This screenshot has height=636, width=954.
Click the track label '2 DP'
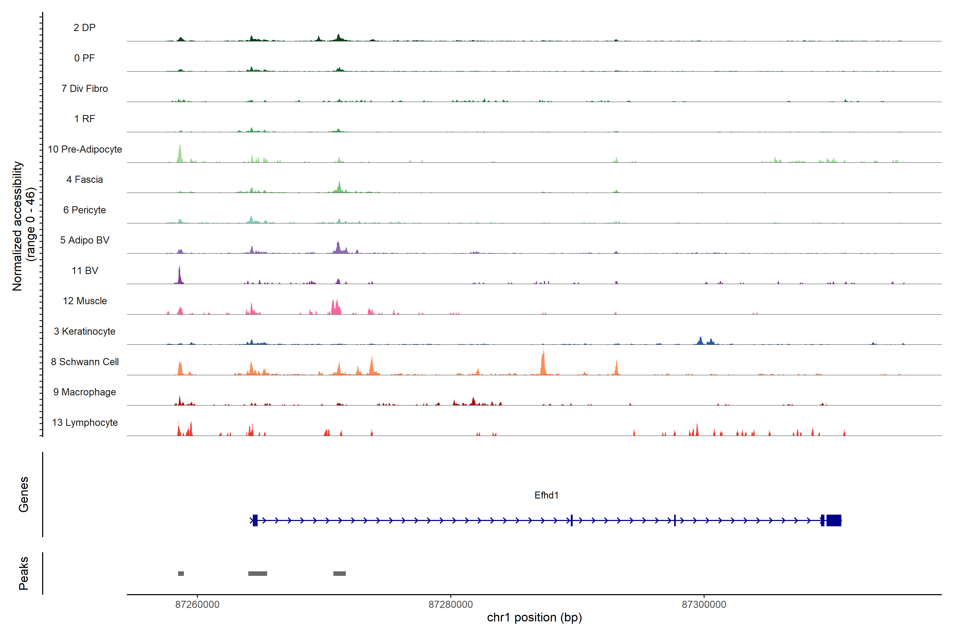tap(84, 28)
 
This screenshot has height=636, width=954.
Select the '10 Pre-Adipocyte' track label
tap(85, 149)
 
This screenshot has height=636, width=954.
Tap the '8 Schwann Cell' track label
tap(85, 362)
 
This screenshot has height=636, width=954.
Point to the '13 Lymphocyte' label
tap(85, 423)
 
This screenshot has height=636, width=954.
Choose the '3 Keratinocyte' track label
tap(85, 332)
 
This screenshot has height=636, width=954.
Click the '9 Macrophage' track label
tap(85, 392)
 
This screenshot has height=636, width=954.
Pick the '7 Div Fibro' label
tap(85, 89)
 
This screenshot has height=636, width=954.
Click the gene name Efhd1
tap(546, 495)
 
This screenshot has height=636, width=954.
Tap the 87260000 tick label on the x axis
tap(197, 604)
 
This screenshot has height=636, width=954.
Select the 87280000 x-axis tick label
tap(451, 604)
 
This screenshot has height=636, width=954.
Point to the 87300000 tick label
tap(704, 604)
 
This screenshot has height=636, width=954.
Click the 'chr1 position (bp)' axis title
tap(534, 617)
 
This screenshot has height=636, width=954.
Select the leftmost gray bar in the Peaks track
tap(181, 573)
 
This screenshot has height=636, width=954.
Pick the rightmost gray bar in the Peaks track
tap(339, 573)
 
